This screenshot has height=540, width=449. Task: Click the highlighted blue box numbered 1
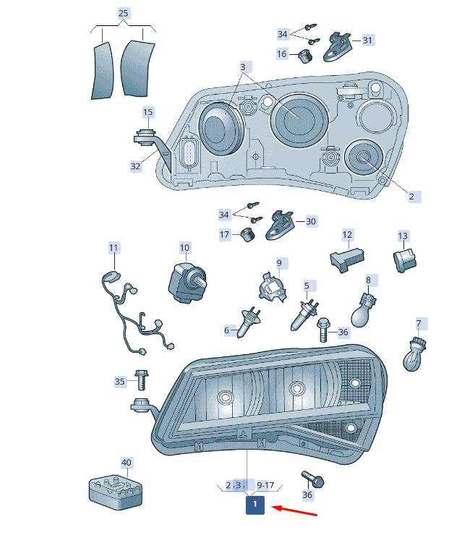255,505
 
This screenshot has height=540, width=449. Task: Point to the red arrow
294,511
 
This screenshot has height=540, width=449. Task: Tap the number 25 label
123,13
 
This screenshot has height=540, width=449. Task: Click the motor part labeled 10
187,283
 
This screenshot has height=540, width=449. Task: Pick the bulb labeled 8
364,311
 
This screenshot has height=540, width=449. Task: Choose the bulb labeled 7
414,354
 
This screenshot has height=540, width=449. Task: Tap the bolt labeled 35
141,380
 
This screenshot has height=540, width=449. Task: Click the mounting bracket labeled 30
281,226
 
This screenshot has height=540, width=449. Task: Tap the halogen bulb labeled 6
249,322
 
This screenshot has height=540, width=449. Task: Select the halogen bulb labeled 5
305,314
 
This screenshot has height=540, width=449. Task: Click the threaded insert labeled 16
304,56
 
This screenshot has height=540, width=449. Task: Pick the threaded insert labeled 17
247,235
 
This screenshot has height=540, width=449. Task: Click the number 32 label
136,167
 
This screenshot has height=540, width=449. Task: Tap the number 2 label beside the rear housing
411,197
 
